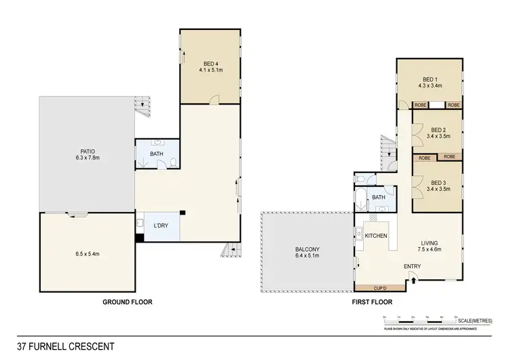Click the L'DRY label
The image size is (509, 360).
tap(161, 225)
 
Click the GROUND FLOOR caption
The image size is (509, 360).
tap(127, 300)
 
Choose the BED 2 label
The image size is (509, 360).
tap(437, 130)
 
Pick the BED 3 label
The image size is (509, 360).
tap(437, 181)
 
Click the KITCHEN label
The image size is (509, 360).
tap(376, 235)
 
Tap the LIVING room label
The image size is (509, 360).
tap(429, 242)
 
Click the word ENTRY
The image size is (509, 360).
tap(412, 266)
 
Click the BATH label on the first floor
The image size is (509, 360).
tap(378, 198)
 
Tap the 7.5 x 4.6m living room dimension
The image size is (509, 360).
tap(429, 250)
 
